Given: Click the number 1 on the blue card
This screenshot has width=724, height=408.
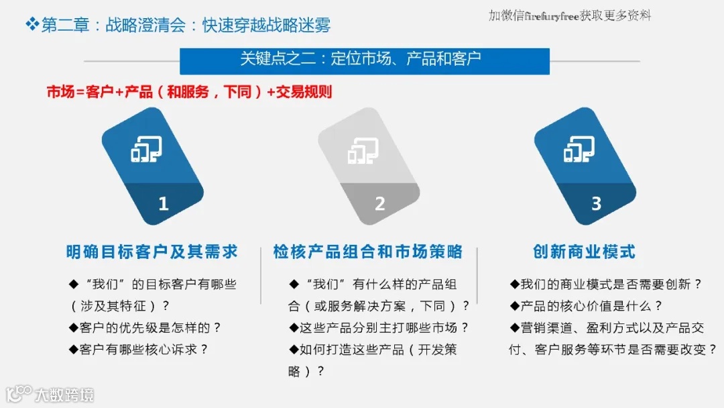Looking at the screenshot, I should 163,203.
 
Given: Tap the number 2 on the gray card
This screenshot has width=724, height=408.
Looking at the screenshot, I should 379,203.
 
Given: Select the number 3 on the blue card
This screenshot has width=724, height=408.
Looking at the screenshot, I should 596,203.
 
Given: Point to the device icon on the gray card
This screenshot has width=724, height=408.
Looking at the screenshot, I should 363,150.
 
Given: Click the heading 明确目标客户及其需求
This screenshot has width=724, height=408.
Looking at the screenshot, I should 152,252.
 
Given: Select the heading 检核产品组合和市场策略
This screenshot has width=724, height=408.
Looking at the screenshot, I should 368,252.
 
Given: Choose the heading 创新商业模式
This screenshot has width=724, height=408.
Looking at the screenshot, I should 584,252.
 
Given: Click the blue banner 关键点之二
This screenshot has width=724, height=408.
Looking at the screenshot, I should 364,59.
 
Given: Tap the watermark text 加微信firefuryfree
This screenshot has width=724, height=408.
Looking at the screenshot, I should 570,15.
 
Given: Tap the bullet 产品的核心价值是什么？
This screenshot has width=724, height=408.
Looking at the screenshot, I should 587,306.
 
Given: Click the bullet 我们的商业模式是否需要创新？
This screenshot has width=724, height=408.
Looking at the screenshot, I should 606,285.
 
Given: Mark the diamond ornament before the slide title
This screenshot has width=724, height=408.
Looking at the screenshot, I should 32,25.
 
